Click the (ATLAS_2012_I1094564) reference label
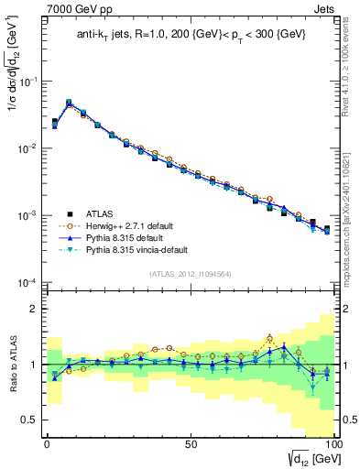[x=191, y=272]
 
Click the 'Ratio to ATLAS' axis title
[x=13, y=365]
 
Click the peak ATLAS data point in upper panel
[x=69, y=104]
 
